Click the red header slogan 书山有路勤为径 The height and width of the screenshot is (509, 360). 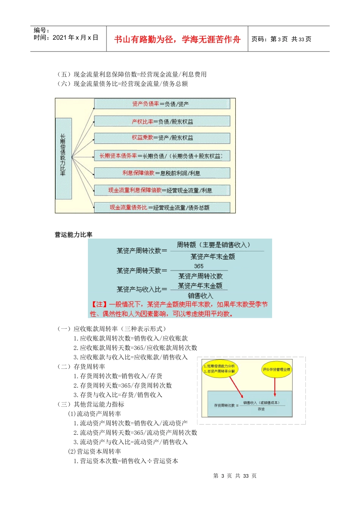tap(177, 39)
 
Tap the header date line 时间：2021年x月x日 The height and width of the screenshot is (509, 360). tap(66, 37)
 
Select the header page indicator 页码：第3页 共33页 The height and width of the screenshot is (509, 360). tap(281, 39)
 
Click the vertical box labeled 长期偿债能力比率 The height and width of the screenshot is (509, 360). tap(63, 158)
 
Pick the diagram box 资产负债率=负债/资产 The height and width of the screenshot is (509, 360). tap(162, 104)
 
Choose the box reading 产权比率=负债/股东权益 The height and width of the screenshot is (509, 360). tap(162, 122)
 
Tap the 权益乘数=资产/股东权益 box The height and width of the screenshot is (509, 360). tap(162, 138)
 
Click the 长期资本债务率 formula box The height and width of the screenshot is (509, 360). tap(162, 156)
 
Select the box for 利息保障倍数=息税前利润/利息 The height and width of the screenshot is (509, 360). tap(162, 173)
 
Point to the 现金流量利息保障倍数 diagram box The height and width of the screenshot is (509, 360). tap(162, 190)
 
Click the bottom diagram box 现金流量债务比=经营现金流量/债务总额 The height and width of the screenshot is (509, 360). tap(162, 208)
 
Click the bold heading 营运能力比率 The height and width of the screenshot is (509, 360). tap(74, 235)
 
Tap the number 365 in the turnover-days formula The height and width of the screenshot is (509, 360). tap(199, 266)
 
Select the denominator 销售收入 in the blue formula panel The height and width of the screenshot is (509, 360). tap(200, 296)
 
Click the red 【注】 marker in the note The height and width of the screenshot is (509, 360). tap(99, 304)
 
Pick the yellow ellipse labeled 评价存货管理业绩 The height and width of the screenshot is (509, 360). tap(277, 369)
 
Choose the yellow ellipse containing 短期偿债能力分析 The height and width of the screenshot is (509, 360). tap(219, 369)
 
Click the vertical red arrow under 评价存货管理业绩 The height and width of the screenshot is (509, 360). tap(275, 387)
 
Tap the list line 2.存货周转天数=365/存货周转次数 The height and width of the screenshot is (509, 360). tap(123, 386)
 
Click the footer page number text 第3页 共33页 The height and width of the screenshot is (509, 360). tap(235, 476)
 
